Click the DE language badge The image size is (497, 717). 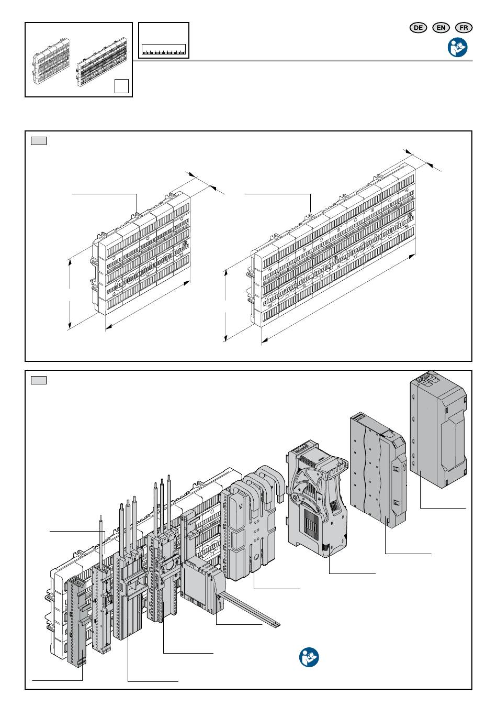coord(418,28)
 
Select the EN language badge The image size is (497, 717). coord(441,28)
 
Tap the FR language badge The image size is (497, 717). coord(464,28)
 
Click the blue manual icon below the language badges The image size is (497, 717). coord(457,47)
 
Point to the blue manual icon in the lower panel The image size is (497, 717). coord(309,657)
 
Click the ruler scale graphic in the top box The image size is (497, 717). coord(163,49)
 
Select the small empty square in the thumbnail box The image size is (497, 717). coord(121,86)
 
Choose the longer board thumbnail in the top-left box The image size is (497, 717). coord(102,62)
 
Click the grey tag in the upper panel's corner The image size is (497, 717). coord(39,141)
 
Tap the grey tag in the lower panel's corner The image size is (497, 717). coord(39,380)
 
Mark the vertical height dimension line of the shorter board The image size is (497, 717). coord(70,294)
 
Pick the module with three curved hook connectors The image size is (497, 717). coord(252,523)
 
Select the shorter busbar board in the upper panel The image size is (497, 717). coord(141,256)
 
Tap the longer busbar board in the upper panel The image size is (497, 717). coord(333,245)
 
